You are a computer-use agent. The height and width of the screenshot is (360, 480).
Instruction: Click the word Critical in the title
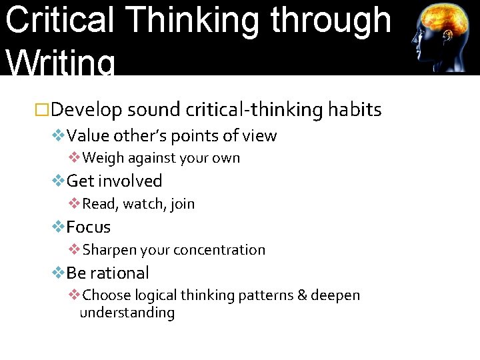[x=59, y=20]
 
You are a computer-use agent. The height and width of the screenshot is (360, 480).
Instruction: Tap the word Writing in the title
[x=60, y=64]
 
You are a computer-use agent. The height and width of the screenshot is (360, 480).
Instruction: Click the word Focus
[x=88, y=227]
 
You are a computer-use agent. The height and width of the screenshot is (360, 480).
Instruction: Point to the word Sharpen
[x=109, y=250]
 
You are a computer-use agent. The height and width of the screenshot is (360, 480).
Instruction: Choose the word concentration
[x=219, y=250]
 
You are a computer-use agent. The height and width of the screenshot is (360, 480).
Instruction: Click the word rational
[x=119, y=273]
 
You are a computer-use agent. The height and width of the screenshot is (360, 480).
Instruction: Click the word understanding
[x=127, y=313]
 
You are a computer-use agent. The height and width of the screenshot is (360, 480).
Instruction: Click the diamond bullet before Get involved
[x=59, y=181]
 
